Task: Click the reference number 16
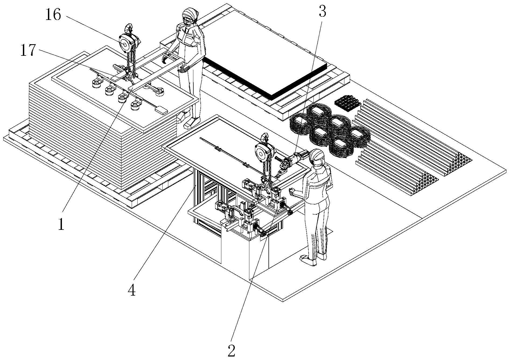[53, 15]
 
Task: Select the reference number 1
[61, 224]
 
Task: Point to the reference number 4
[132, 290]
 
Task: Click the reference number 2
[231, 351]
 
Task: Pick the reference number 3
[322, 11]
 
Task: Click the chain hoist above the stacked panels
[130, 40]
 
